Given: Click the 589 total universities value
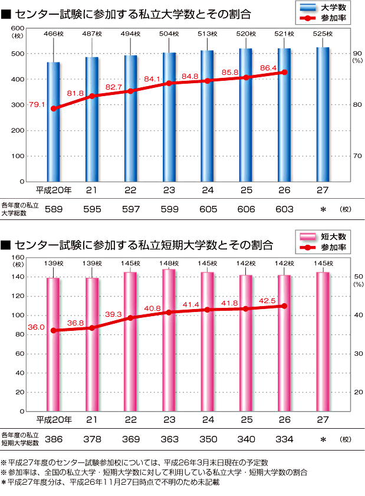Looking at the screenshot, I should pos(54,209).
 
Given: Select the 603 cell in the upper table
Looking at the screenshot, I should pos(284,209).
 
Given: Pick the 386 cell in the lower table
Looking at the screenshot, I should pos(54,439).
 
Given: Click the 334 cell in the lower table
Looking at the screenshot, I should pos(284,439).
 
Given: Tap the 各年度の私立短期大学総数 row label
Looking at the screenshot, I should pos(19,438).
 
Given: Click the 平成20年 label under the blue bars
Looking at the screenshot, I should pos(54,190).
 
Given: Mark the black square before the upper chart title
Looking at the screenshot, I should pos(6,14).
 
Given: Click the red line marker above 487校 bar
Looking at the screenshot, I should pos(92,96).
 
